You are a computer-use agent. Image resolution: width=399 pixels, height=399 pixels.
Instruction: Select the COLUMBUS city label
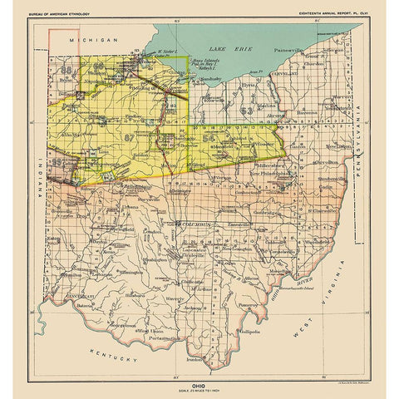click(x=196, y=224)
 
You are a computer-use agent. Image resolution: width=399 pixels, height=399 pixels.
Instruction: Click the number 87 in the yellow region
click(x=128, y=135)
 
